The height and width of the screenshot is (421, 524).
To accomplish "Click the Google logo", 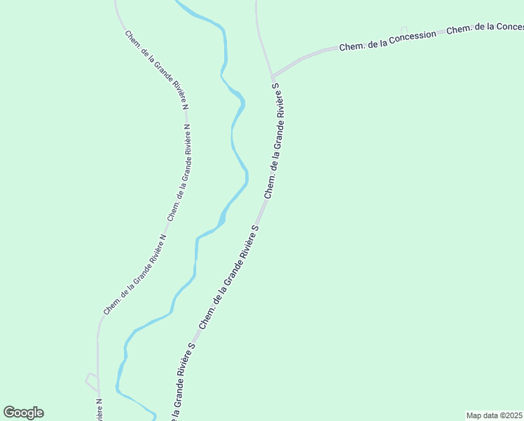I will pyautogui.click(x=24, y=413).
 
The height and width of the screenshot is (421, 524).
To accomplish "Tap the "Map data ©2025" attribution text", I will pyautogui.click(x=495, y=415).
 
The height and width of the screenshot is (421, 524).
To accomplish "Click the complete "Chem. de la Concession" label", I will pyautogui.click(x=387, y=41).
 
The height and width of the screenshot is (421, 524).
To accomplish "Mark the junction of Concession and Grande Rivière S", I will pyautogui.click(x=272, y=76).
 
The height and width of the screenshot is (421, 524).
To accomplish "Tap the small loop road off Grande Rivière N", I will pyautogui.click(x=92, y=382).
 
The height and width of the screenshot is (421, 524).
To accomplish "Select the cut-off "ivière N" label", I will pyautogui.click(x=99, y=410).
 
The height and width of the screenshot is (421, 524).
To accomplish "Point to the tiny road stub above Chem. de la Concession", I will pyautogui.click(x=404, y=29).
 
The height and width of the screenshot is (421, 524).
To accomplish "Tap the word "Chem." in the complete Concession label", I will pyautogui.click(x=350, y=47).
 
